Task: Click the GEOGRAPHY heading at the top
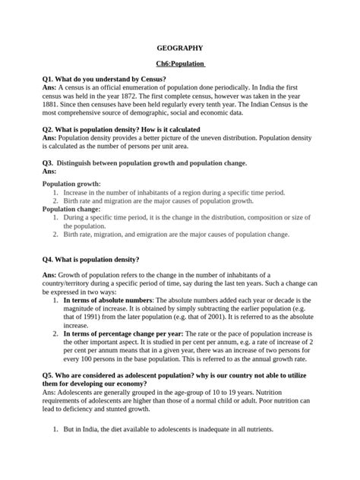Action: pos(179,48)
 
